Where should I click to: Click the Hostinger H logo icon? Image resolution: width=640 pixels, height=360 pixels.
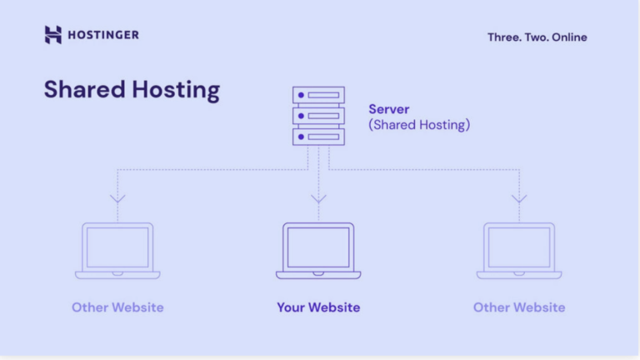click(x=53, y=34)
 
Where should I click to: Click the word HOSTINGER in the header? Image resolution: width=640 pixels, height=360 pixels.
click(x=103, y=35)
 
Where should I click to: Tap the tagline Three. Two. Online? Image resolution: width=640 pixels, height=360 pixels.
click(x=537, y=37)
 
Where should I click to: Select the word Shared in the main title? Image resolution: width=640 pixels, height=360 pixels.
click(x=84, y=90)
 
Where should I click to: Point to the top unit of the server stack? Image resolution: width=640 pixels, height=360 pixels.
click(x=317, y=96)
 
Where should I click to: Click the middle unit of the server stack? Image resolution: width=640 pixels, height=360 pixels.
click(x=317, y=115)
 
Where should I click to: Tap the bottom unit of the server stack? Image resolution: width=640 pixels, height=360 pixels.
click(x=317, y=135)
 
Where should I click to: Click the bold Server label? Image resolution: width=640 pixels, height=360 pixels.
click(x=389, y=109)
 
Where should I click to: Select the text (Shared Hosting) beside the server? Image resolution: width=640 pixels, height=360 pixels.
click(x=419, y=125)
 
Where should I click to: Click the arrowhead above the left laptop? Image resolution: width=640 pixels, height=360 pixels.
click(x=117, y=199)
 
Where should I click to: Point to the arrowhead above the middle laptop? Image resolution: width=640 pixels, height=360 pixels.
click(x=317, y=199)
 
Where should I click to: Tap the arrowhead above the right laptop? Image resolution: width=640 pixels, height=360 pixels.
click(x=519, y=199)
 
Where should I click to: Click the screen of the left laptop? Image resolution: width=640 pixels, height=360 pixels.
click(x=117, y=247)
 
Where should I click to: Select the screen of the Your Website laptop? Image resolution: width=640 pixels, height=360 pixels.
click(x=318, y=247)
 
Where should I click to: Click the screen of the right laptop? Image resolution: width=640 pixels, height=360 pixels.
click(x=519, y=247)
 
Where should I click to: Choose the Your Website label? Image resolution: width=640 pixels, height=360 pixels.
click(x=318, y=307)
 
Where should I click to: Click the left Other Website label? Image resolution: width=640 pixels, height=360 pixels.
click(x=117, y=307)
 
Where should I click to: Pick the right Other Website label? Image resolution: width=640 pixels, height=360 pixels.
click(x=519, y=307)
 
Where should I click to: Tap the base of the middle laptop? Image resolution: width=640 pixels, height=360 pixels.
click(x=318, y=274)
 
